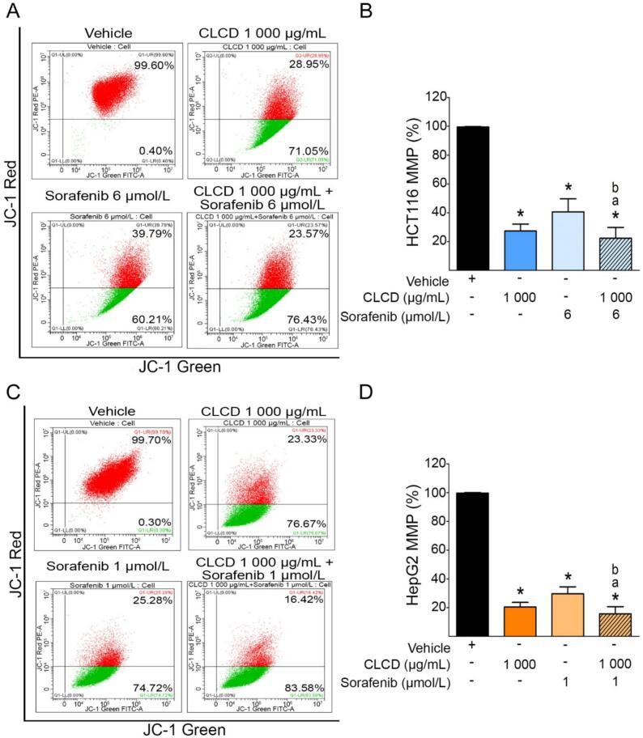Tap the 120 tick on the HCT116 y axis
point(436,98)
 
